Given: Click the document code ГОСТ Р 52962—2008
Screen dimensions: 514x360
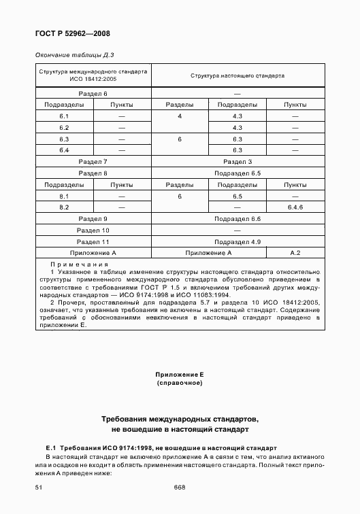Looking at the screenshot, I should pyautogui.click(x=72, y=33).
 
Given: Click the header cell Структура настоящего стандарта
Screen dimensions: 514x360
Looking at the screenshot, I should pyautogui.click(x=238, y=75).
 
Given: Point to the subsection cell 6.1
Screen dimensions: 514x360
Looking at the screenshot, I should pyautogui.click(x=64, y=116).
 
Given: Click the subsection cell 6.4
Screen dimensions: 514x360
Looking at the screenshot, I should pyautogui.click(x=64, y=150).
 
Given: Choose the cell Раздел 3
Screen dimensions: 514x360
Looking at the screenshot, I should pyautogui.click(x=238, y=162).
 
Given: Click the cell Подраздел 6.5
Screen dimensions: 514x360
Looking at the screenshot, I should pyautogui.click(x=238, y=173).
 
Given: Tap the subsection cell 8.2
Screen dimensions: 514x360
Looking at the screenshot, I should pyautogui.click(x=64, y=207).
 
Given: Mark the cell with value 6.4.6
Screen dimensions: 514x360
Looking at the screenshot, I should pyautogui.click(x=295, y=207).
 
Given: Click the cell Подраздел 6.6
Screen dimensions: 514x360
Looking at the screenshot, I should pyautogui.click(x=238, y=219).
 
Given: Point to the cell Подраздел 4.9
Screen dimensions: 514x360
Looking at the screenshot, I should pyautogui.click(x=238, y=242).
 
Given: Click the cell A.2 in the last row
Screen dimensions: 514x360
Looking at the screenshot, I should pyautogui.click(x=295, y=253).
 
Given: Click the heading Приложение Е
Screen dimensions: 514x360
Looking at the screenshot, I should pyautogui.click(x=180, y=375).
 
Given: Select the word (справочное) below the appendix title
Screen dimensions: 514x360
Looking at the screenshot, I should pyautogui.click(x=180, y=384).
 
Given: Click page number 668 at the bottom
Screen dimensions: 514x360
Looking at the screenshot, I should pyautogui.click(x=180, y=487).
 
